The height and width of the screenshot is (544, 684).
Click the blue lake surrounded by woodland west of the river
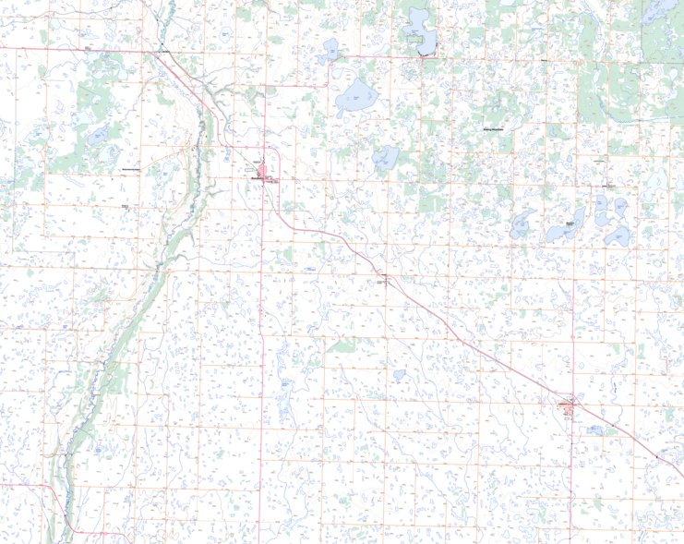(x=98, y=136)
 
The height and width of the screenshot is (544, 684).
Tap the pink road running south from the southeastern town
(x=571, y=480)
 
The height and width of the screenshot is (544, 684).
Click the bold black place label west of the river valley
(x=130, y=171)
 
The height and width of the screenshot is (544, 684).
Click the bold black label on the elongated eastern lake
(x=570, y=224)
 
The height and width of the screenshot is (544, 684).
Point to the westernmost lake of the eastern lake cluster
(x=522, y=224)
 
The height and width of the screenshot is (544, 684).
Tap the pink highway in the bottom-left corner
(x=65, y=499)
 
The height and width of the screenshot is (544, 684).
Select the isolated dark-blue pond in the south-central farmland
(x=399, y=376)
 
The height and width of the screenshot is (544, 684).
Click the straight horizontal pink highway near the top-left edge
(x=74, y=48)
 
